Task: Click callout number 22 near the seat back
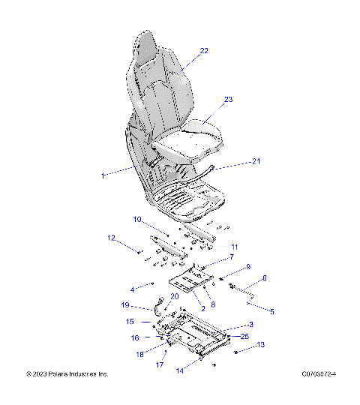click(x=204, y=51)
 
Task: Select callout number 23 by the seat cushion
click(x=229, y=99)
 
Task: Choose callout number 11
click(x=234, y=247)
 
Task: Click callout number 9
click(x=248, y=267)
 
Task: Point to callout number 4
click(x=132, y=289)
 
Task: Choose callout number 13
click(x=261, y=345)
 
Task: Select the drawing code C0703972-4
click(x=319, y=373)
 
